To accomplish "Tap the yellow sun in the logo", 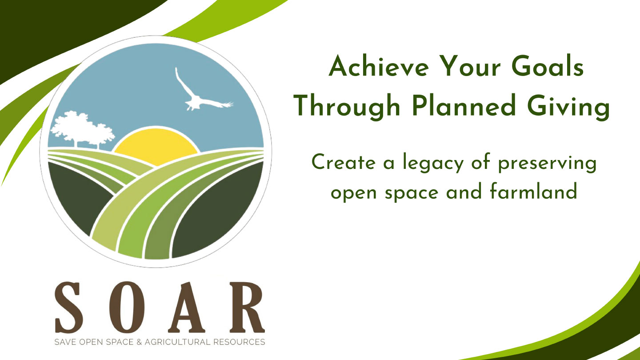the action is coord(156,146).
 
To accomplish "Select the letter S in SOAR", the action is coord(69,308).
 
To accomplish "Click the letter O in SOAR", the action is coord(127,308).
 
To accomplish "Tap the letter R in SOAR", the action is coord(247,308).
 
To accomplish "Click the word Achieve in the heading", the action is coord(379,66).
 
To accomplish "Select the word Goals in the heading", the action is coord(548,66).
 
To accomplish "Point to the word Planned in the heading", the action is coord(464,105).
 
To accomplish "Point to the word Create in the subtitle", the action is coord(344,162).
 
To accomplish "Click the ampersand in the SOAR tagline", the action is coord(139,342).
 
